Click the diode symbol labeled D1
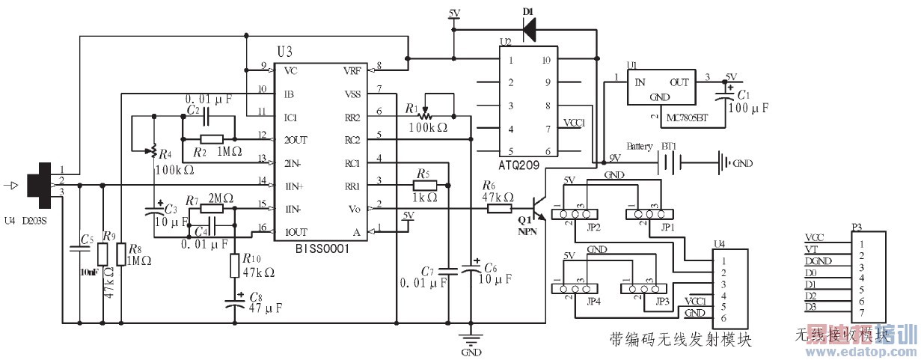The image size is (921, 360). [x=530, y=28]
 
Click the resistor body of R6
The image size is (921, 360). [x=499, y=209]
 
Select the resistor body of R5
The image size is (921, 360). [x=424, y=184]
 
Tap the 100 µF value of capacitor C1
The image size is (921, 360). [x=750, y=108]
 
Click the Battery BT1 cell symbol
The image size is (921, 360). [x=669, y=161]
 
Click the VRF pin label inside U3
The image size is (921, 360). [x=351, y=71]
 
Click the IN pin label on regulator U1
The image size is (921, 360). [x=640, y=82]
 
